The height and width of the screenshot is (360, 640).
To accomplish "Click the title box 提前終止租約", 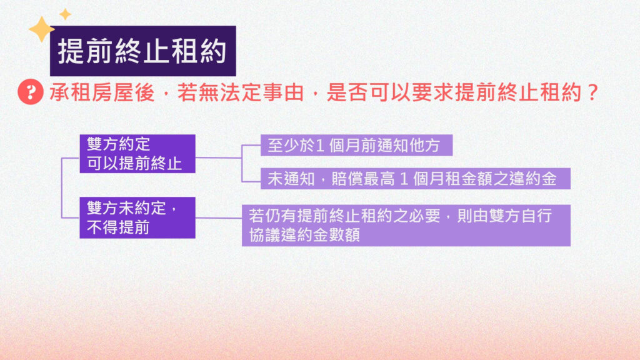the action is (143, 51).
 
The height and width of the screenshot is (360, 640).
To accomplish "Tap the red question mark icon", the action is (31, 92).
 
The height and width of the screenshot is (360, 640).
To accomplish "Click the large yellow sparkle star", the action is (41, 29).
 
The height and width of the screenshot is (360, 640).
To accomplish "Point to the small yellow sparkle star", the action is (65, 14).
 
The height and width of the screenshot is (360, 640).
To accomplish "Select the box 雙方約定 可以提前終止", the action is (137, 154).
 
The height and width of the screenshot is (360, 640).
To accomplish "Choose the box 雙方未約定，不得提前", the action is (137, 217).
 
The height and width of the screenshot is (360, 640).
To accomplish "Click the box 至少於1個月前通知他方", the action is (357, 145).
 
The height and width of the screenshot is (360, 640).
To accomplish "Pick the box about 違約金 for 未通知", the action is (416, 179).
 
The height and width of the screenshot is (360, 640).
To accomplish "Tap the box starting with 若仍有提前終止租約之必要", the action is (406, 225).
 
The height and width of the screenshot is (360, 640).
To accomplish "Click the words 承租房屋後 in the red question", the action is (102, 92).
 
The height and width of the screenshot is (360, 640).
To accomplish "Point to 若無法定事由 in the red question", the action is (241, 92).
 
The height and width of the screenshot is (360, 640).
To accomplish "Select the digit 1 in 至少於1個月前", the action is (320, 146).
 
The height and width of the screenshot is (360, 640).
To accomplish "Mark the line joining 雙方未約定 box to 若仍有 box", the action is (219, 218).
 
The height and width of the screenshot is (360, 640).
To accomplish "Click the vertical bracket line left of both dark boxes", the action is (62, 187).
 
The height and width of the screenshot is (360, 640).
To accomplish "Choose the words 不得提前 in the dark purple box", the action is (118, 227).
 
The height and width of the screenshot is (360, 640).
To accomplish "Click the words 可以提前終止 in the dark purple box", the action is (134, 164).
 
